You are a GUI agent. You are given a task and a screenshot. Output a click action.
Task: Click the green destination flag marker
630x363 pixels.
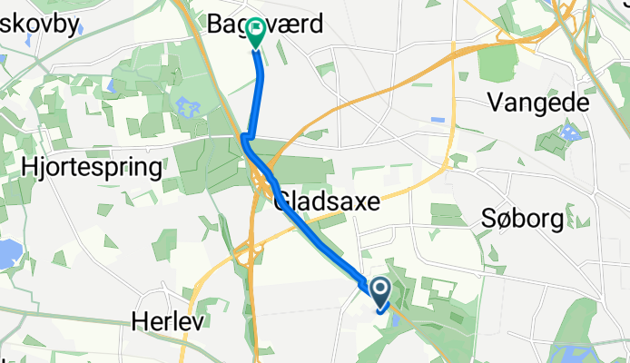pyautogui.click(x=255, y=33)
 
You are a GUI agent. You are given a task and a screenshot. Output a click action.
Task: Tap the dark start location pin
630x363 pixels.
pyautogui.click(x=380, y=290)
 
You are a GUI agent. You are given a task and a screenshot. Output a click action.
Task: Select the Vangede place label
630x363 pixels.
pyautogui.click(x=538, y=103)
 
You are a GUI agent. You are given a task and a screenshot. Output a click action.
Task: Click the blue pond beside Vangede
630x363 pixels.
pyautogui.click(x=569, y=134)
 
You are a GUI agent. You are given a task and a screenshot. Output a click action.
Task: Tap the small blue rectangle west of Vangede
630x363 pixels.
pyautogui.click(x=438, y=119)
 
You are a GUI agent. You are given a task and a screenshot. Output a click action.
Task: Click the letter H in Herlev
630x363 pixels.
pyautogui.click(x=138, y=321)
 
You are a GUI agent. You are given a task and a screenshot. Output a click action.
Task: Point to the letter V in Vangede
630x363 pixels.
pyautogui.click(x=496, y=103)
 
